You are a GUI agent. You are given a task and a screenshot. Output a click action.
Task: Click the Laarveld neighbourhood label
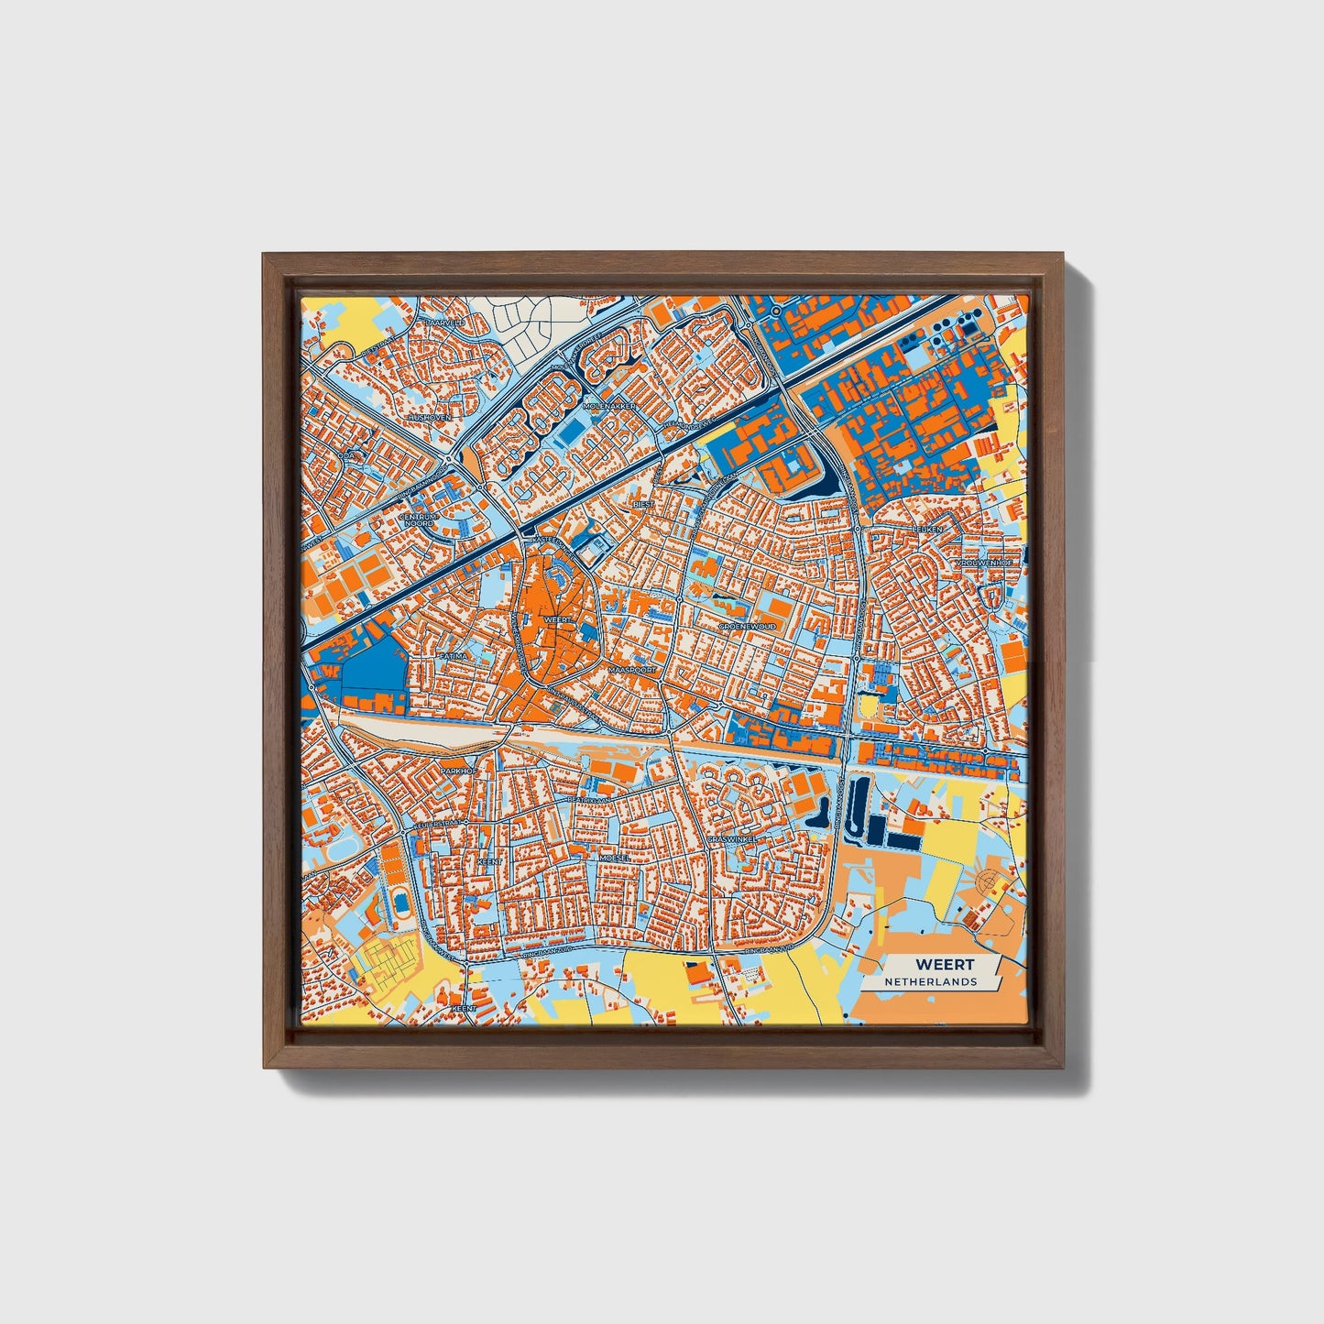[446, 323]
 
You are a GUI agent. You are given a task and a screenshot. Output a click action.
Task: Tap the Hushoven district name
[429, 417]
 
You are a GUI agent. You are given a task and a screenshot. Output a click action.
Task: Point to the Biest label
[644, 504]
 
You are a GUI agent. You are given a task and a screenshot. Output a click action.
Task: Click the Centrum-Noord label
[419, 520]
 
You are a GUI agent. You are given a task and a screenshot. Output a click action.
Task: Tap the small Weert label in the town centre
[557, 620]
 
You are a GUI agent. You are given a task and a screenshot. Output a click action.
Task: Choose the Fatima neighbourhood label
[453, 656]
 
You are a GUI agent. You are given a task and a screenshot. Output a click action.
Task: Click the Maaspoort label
[632, 670]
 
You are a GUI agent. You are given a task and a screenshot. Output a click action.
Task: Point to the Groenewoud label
[748, 626]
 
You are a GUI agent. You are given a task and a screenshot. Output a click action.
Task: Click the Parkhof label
[458, 771]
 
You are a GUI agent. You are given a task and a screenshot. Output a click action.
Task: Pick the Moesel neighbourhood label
[614, 858]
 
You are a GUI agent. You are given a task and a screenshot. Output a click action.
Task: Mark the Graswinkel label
[731, 838]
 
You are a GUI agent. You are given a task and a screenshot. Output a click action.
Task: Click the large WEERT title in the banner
[945, 965]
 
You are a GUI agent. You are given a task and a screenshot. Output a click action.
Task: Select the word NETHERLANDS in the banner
[930, 982]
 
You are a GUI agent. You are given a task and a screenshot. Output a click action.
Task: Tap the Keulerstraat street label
[435, 824]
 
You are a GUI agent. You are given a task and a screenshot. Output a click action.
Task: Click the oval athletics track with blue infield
[401, 902]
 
